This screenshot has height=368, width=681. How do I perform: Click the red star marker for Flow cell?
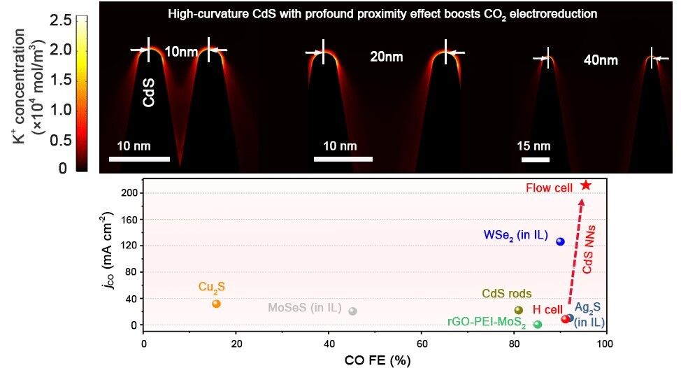click(586, 185)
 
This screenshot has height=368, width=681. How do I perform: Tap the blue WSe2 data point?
click(560, 241)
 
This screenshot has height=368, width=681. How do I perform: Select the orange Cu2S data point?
click(216, 304)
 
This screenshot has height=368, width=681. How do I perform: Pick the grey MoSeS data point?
click(352, 311)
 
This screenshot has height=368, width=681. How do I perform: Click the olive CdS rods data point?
click(518, 310)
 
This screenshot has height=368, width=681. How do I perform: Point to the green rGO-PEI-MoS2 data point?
click(537, 324)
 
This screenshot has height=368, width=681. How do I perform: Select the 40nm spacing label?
click(601, 61)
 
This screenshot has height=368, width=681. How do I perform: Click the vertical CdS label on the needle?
click(149, 91)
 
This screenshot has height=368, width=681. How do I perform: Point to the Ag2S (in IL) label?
click(589, 315)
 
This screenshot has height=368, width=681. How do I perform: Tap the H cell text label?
click(547, 309)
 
